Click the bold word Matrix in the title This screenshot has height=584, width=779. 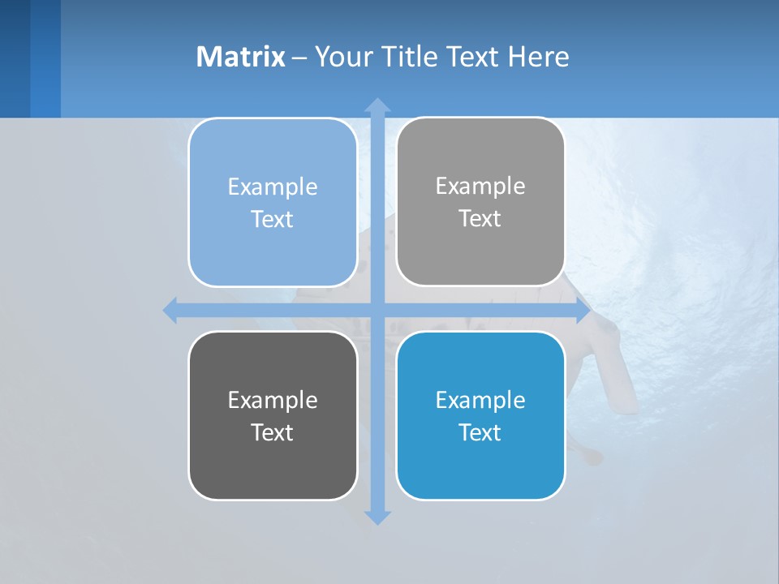(x=240, y=57)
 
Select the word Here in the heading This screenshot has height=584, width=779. (x=538, y=57)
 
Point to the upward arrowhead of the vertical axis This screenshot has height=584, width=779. (x=377, y=105)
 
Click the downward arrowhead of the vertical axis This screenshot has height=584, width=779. (x=377, y=517)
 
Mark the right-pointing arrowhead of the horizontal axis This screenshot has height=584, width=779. (x=583, y=311)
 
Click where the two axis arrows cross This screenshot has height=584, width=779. (x=377, y=311)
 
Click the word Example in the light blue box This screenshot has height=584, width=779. (x=273, y=187)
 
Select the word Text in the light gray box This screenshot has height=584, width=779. (x=480, y=219)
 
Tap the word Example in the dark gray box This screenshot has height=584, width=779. (x=273, y=400)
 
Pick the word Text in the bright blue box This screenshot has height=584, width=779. (x=480, y=432)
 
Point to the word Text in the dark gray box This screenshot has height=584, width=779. (x=273, y=432)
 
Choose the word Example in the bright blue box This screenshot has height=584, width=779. (x=480, y=400)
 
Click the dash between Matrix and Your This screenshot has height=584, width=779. (x=299, y=58)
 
